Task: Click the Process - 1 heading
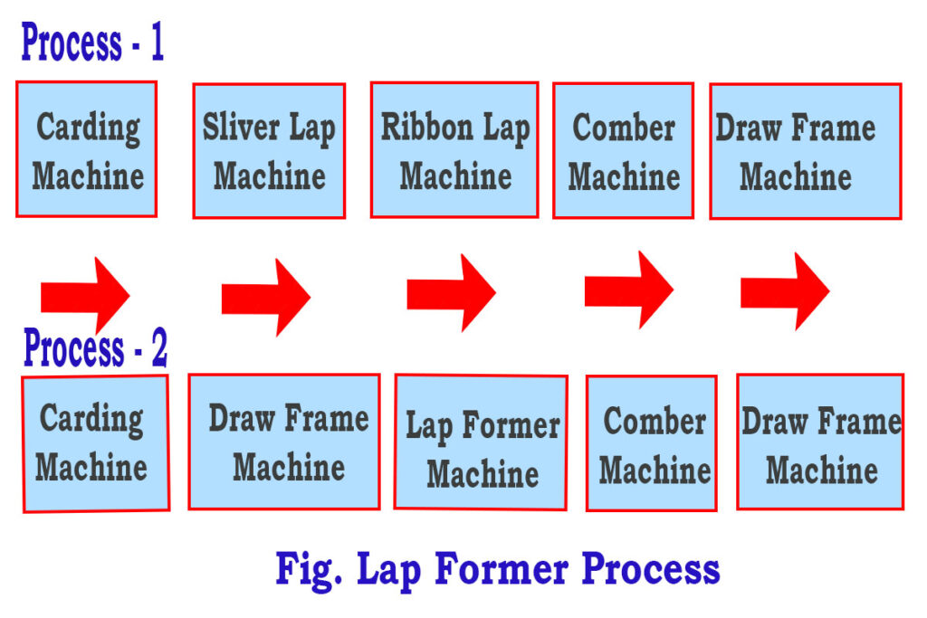92,43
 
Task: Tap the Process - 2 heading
95,348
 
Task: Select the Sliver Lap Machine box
269,151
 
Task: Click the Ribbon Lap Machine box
454,150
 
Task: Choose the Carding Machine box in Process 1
87,149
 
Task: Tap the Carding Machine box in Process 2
94,443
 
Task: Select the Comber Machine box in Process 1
624,151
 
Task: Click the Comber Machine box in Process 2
652,443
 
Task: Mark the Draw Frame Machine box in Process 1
805,151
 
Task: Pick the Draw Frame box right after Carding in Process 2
284,442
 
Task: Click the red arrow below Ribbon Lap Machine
451,292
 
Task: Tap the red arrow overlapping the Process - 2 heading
86,295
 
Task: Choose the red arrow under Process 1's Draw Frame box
785,290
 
